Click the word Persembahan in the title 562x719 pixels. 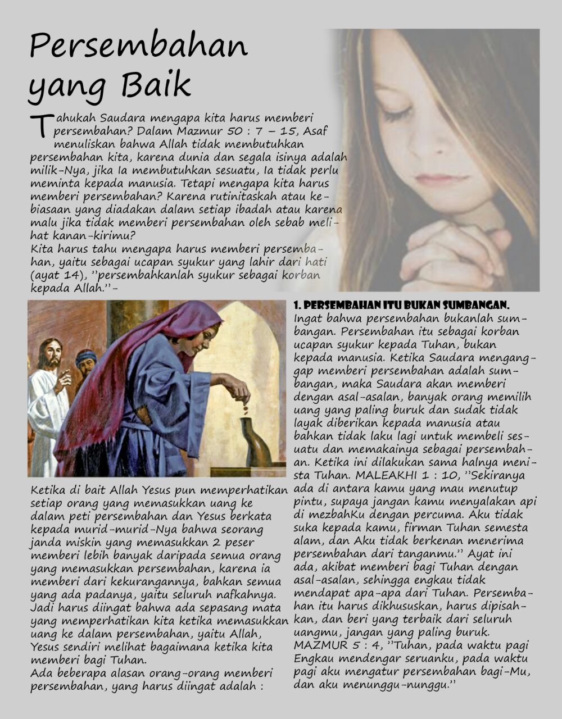138,46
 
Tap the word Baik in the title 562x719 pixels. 156,85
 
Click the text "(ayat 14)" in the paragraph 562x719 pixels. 54,275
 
